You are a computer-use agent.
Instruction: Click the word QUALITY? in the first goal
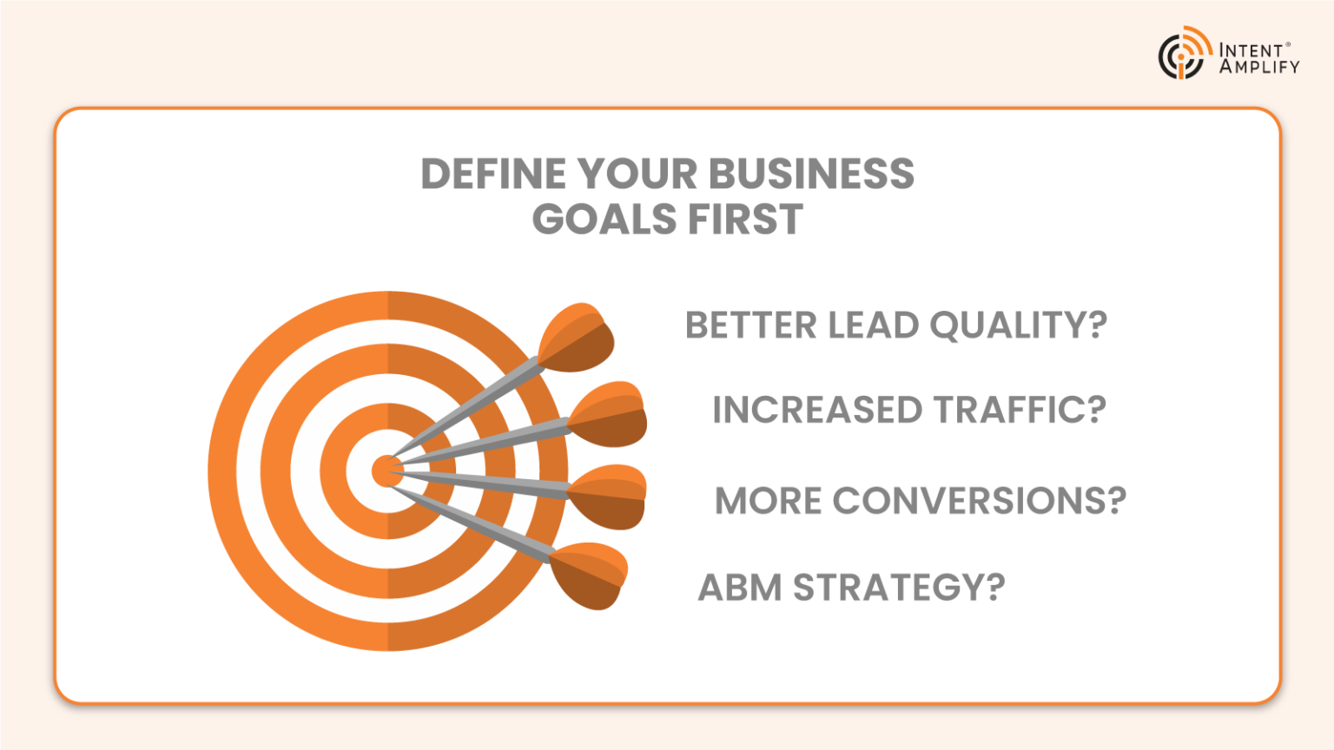coord(1018,326)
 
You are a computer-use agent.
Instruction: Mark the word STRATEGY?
coord(899,588)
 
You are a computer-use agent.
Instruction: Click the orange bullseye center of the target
coord(386,471)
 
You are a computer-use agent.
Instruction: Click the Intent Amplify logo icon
coord(1184,54)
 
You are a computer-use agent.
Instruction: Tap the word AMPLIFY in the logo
coord(1259,67)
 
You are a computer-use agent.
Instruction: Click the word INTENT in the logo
coord(1251,50)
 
